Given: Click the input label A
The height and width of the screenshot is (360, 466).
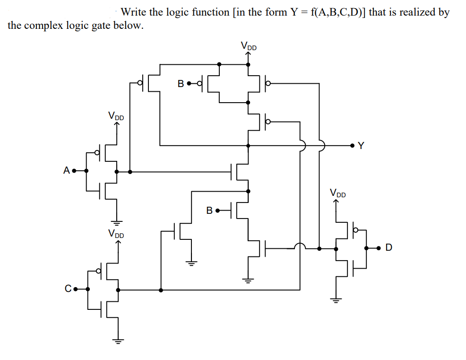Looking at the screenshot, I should coord(66,170).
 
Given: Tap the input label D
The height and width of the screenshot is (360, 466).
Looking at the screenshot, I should coord(388,248).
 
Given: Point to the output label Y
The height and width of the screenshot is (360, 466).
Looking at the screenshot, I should coord(361,146).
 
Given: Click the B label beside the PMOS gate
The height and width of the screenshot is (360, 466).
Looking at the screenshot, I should coord(181,84).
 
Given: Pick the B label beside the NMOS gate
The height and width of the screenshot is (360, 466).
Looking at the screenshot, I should coord(209,210).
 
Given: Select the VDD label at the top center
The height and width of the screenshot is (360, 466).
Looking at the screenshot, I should coord(249,46).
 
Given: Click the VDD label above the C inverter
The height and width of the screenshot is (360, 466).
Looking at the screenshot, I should coord(116,233).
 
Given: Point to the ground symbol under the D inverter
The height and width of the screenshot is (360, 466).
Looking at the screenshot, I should coord(336,299).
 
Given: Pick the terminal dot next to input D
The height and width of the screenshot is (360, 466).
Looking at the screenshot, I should coord(379,248).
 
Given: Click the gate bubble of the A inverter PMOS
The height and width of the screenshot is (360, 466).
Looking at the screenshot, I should coord(98,152).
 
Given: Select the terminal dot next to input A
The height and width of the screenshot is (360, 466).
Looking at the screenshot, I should coord(74,171).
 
